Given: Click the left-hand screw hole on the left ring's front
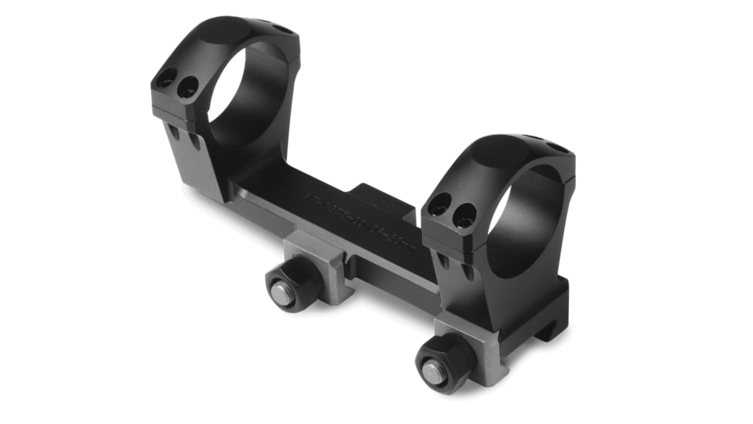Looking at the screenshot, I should pyautogui.click(x=167, y=78).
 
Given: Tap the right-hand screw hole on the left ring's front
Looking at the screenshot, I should pyautogui.click(x=187, y=89).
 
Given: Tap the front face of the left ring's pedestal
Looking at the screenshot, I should pyautogui.click(x=192, y=166).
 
